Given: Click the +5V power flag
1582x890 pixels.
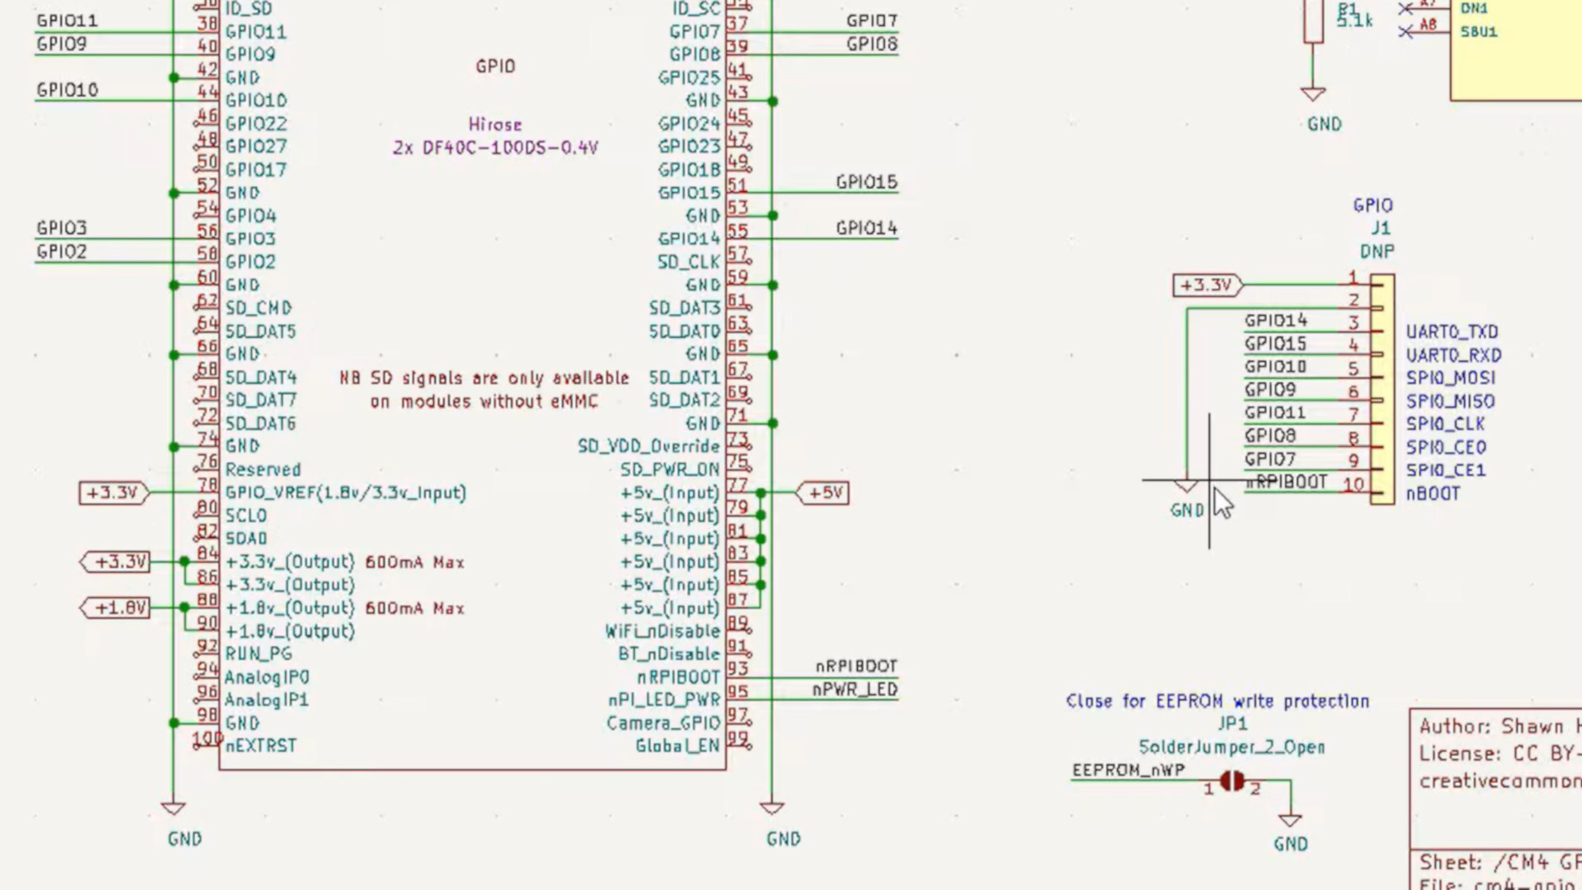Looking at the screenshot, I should click(x=824, y=493).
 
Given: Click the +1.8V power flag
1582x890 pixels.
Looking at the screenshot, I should click(x=116, y=608).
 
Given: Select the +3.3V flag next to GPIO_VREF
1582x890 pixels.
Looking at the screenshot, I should click(x=113, y=493).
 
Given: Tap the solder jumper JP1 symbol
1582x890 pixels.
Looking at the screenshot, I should click(x=1232, y=780).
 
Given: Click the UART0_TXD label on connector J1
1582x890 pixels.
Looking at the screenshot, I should click(x=1452, y=332).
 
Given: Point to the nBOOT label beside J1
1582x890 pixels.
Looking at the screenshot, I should click(x=1433, y=494).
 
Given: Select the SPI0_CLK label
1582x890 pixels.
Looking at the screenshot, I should click(x=1445, y=424).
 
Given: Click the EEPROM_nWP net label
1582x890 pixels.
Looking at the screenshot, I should click(x=1128, y=771).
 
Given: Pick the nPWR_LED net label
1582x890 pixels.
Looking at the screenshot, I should click(x=854, y=690).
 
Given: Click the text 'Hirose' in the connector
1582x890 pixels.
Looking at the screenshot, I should click(x=494, y=124).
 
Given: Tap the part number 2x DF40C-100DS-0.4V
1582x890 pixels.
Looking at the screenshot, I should click(x=495, y=148).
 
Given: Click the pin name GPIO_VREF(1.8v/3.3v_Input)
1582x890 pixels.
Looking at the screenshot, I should click(x=345, y=493).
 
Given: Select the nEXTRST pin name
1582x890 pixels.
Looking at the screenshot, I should click(x=260, y=746).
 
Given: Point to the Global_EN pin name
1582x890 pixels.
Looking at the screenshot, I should click(x=677, y=746).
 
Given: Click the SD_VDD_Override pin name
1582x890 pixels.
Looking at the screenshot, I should click(x=648, y=447).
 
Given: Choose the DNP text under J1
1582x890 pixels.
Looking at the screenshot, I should click(x=1377, y=251).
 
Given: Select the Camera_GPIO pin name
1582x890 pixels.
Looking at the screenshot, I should click(x=663, y=724).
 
